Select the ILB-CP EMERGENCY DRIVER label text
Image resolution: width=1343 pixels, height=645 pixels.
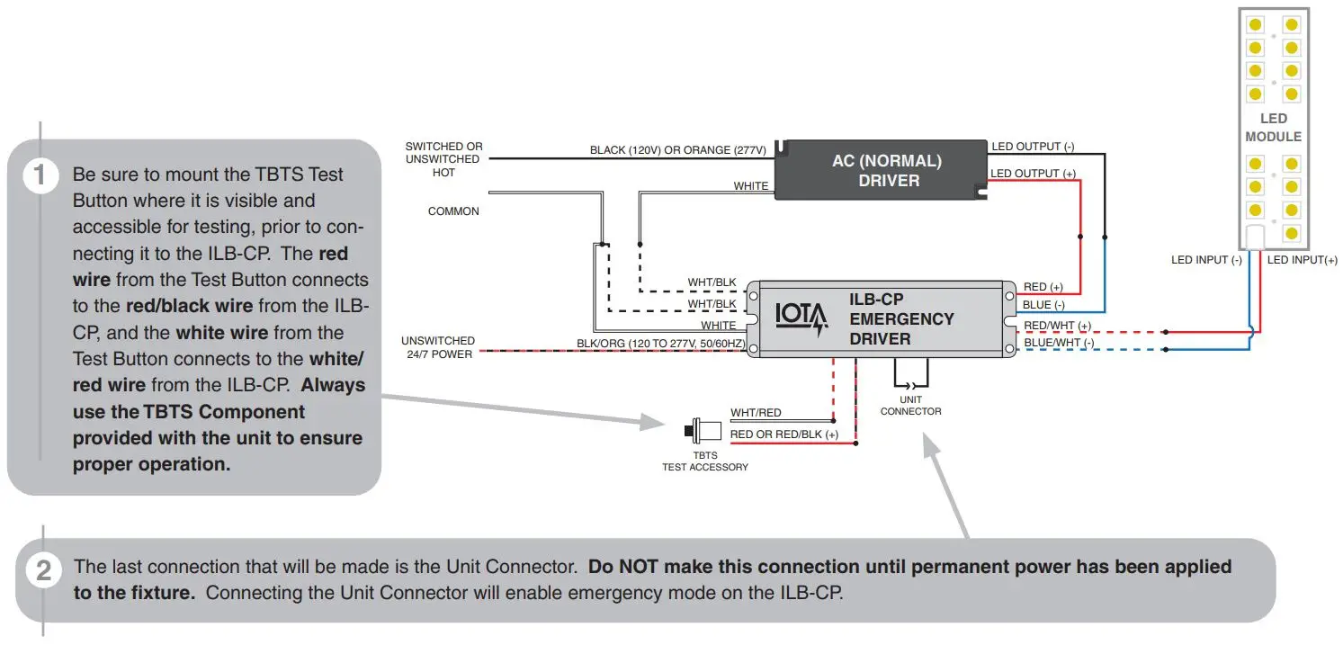[901, 319]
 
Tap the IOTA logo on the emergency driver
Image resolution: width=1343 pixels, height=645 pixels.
[801, 319]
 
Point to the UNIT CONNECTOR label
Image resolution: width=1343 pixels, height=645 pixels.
[910, 406]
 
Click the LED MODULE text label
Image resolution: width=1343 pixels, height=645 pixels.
[1273, 128]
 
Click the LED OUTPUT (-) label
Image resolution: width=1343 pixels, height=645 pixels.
[1032, 147]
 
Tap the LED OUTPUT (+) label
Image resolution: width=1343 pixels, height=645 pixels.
[1032, 174]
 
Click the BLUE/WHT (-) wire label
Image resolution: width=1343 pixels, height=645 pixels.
[1059, 343]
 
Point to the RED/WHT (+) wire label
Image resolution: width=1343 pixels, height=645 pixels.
[1057, 326]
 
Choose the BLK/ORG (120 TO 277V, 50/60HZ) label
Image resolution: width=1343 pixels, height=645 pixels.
[660, 344]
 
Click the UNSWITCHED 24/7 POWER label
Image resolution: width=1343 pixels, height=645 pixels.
[438, 347]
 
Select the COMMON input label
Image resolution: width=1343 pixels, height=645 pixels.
[453, 211]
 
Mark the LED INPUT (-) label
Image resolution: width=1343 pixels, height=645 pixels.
[1205, 260]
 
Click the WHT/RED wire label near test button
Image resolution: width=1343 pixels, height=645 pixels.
[756, 413]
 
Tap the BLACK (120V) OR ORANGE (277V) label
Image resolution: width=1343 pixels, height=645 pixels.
[677, 150]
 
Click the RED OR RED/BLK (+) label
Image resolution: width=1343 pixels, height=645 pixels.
[783, 434]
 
